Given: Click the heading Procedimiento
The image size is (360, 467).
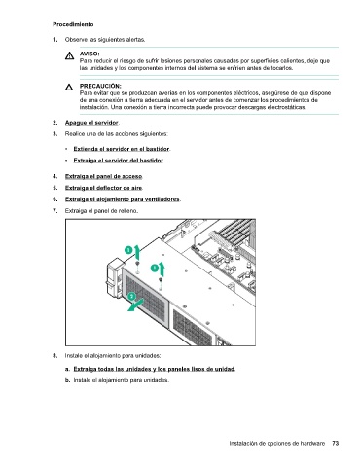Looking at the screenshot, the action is tap(73, 24).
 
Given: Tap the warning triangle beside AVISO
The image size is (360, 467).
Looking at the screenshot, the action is tap(69, 56).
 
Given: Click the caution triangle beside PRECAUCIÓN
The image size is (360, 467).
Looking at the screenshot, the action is tap(69, 87).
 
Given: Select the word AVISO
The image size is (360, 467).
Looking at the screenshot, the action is tap(90, 54).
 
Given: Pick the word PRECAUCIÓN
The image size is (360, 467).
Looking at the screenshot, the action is tap(100, 86).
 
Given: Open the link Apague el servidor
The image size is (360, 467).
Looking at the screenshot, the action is tap(91, 123).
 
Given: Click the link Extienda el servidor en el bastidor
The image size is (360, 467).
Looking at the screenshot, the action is tap(122, 149).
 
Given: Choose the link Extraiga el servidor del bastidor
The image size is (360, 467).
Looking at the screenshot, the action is tap(118, 161).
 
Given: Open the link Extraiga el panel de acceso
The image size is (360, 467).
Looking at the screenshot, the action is tap(103, 176).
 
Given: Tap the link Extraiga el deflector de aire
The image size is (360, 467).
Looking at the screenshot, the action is tap(103, 188).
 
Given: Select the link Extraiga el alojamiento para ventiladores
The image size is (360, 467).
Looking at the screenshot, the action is tap(123, 199).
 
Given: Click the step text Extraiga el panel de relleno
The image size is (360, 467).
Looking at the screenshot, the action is tap(101, 211).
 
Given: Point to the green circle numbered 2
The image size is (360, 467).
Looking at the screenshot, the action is tap(131, 297).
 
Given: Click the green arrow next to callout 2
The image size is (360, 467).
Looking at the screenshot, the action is tap(135, 305).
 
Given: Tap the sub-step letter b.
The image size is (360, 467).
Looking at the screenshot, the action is tap(67, 380).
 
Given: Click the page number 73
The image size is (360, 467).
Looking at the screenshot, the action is tap(336, 443).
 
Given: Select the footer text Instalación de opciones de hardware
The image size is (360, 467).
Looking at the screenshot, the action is tap(277, 444).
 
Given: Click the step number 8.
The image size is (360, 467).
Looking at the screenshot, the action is tap(55, 356).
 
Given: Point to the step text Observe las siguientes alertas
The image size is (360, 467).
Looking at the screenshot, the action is tap(105, 40).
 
